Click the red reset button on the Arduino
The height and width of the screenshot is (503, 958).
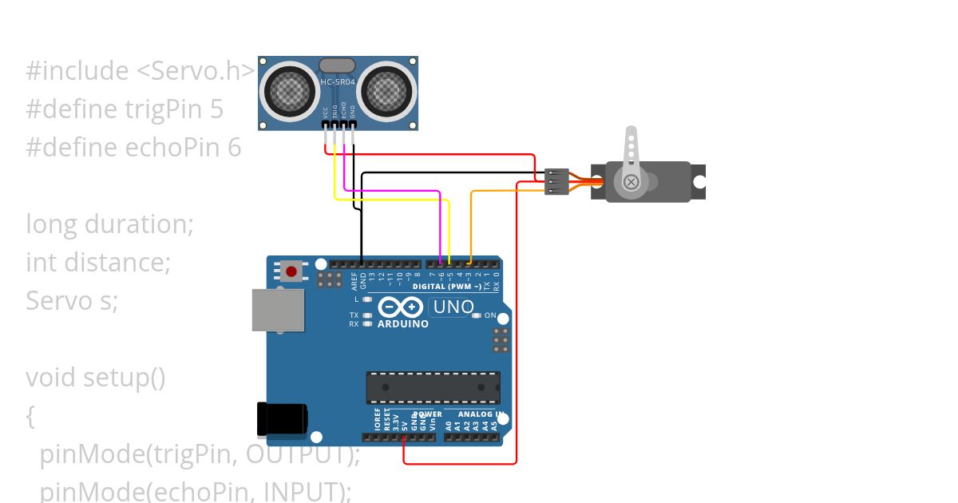tap(291, 271)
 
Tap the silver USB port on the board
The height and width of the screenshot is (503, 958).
tap(278, 310)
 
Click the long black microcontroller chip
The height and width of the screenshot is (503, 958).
tap(433, 387)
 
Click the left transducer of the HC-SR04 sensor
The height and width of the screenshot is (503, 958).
tap(288, 89)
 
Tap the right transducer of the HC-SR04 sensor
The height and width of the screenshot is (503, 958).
tap(387, 89)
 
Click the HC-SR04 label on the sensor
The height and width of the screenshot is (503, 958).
tap(338, 82)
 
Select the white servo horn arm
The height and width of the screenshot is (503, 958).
tap(631, 156)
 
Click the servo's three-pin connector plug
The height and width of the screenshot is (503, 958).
tap(556, 181)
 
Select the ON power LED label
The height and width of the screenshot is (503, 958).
tap(490, 315)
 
